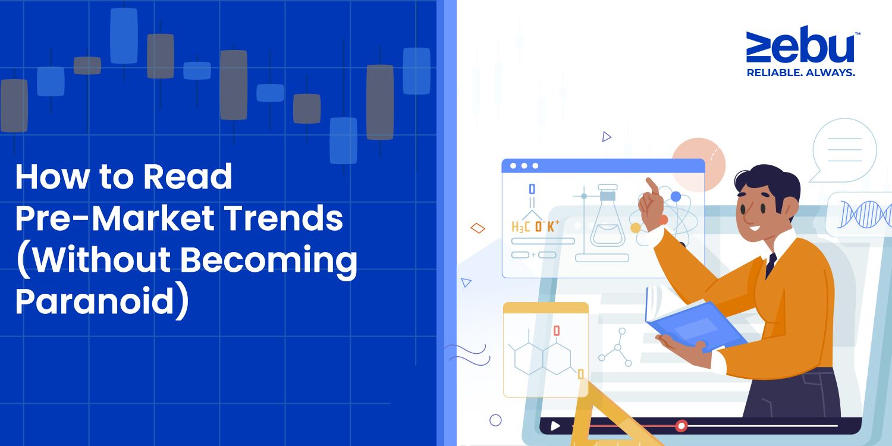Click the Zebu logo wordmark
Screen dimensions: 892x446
click(x=800, y=44)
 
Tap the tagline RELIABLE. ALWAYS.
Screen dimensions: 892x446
click(x=801, y=73)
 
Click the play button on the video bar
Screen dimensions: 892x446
click(x=555, y=426)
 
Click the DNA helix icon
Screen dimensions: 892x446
click(x=865, y=214)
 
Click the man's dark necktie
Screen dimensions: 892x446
click(x=771, y=265)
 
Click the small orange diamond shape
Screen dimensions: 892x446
click(x=478, y=228)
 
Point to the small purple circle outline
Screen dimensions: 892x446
click(x=495, y=420)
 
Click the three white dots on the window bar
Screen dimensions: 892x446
click(x=524, y=166)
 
